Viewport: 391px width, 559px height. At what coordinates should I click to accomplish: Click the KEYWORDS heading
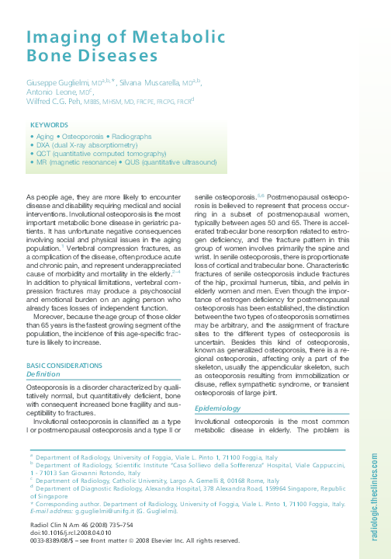48,124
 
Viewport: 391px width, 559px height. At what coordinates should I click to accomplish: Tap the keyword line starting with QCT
99,154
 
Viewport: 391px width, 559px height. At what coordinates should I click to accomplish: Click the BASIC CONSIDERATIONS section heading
67,365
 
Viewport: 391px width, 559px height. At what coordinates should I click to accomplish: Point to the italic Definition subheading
43,373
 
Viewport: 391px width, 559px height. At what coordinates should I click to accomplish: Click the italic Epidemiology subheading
218,408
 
